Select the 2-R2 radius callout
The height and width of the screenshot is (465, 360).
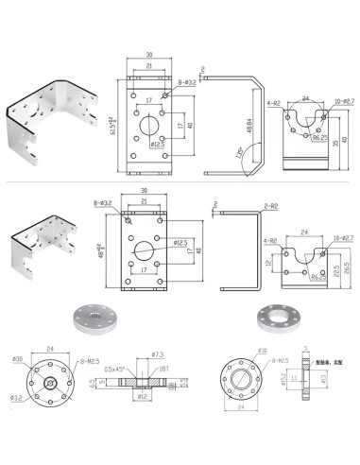click(271, 206)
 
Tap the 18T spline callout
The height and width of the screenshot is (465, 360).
click(163, 368)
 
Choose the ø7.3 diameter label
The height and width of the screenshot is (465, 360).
click(158, 354)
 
